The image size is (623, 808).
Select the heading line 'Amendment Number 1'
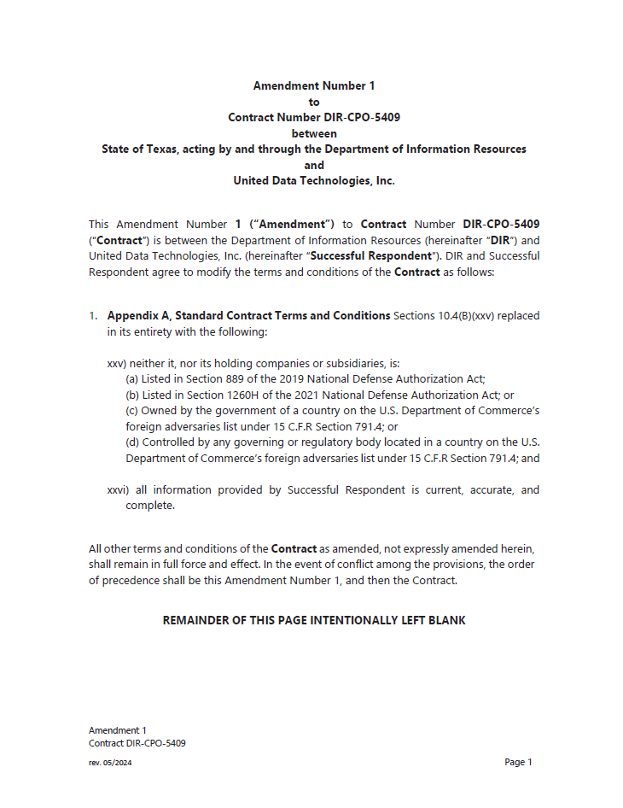coord(313,85)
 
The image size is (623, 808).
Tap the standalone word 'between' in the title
coord(313,133)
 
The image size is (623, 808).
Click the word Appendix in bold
coord(133,316)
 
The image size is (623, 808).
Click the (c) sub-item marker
coord(132,411)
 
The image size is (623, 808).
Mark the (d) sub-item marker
coord(132,442)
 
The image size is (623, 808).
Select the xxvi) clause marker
coord(119,490)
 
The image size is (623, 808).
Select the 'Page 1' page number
coord(518,762)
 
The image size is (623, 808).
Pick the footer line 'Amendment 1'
coord(118,730)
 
